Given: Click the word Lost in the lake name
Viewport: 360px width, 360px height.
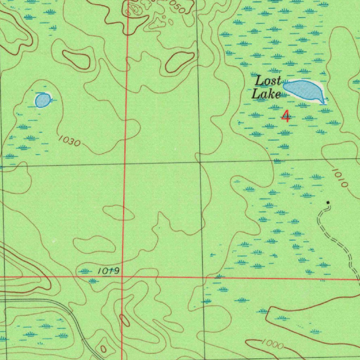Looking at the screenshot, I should [x=268, y=81].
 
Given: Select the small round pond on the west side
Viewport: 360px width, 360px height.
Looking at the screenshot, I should [x=42, y=100].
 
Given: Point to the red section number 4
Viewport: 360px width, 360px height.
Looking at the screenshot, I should [x=287, y=116].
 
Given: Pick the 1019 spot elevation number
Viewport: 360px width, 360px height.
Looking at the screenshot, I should [x=109, y=271].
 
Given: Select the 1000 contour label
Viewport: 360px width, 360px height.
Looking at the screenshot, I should [x=272, y=345].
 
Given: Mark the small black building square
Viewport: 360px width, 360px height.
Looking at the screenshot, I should [x=328, y=202].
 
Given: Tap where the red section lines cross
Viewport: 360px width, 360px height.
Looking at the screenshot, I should [x=122, y=277].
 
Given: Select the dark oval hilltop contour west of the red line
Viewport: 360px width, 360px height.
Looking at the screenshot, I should [x=76, y=59].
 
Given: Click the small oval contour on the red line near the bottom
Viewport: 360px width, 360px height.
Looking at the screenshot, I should [x=124, y=320].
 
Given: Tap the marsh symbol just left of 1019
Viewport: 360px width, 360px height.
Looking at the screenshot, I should [x=85, y=270].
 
